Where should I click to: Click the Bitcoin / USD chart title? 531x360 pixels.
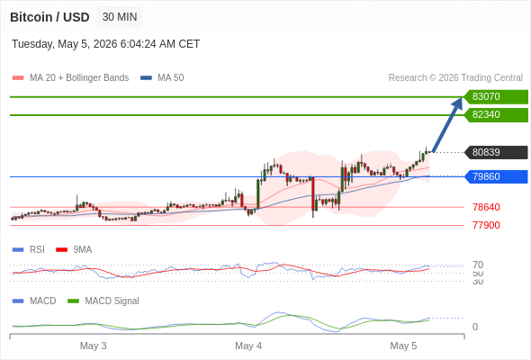[x=49, y=17]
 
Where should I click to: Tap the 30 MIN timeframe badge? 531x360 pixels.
[x=120, y=17]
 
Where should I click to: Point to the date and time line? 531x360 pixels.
[x=105, y=44]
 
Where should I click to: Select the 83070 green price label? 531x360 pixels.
[x=496, y=97]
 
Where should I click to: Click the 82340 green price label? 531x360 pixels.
[x=496, y=115]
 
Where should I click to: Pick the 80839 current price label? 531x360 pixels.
[x=496, y=152]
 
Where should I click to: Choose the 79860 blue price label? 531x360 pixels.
[x=496, y=176]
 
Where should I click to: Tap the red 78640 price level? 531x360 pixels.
[x=486, y=207]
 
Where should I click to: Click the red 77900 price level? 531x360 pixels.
[x=486, y=225]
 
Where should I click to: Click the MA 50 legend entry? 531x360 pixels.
[x=162, y=78]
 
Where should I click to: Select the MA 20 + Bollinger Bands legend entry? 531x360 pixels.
[x=70, y=78]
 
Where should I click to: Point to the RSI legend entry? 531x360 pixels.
[x=29, y=249]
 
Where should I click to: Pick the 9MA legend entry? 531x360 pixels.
[x=74, y=249]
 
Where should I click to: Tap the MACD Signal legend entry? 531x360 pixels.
[x=103, y=301]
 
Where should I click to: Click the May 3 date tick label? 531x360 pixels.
[x=93, y=346]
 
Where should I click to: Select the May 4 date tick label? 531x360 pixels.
[x=248, y=346]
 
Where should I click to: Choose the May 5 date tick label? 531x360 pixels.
[x=403, y=346]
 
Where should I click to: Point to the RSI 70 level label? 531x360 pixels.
[x=478, y=265]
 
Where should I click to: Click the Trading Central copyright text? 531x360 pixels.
[x=455, y=78]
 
